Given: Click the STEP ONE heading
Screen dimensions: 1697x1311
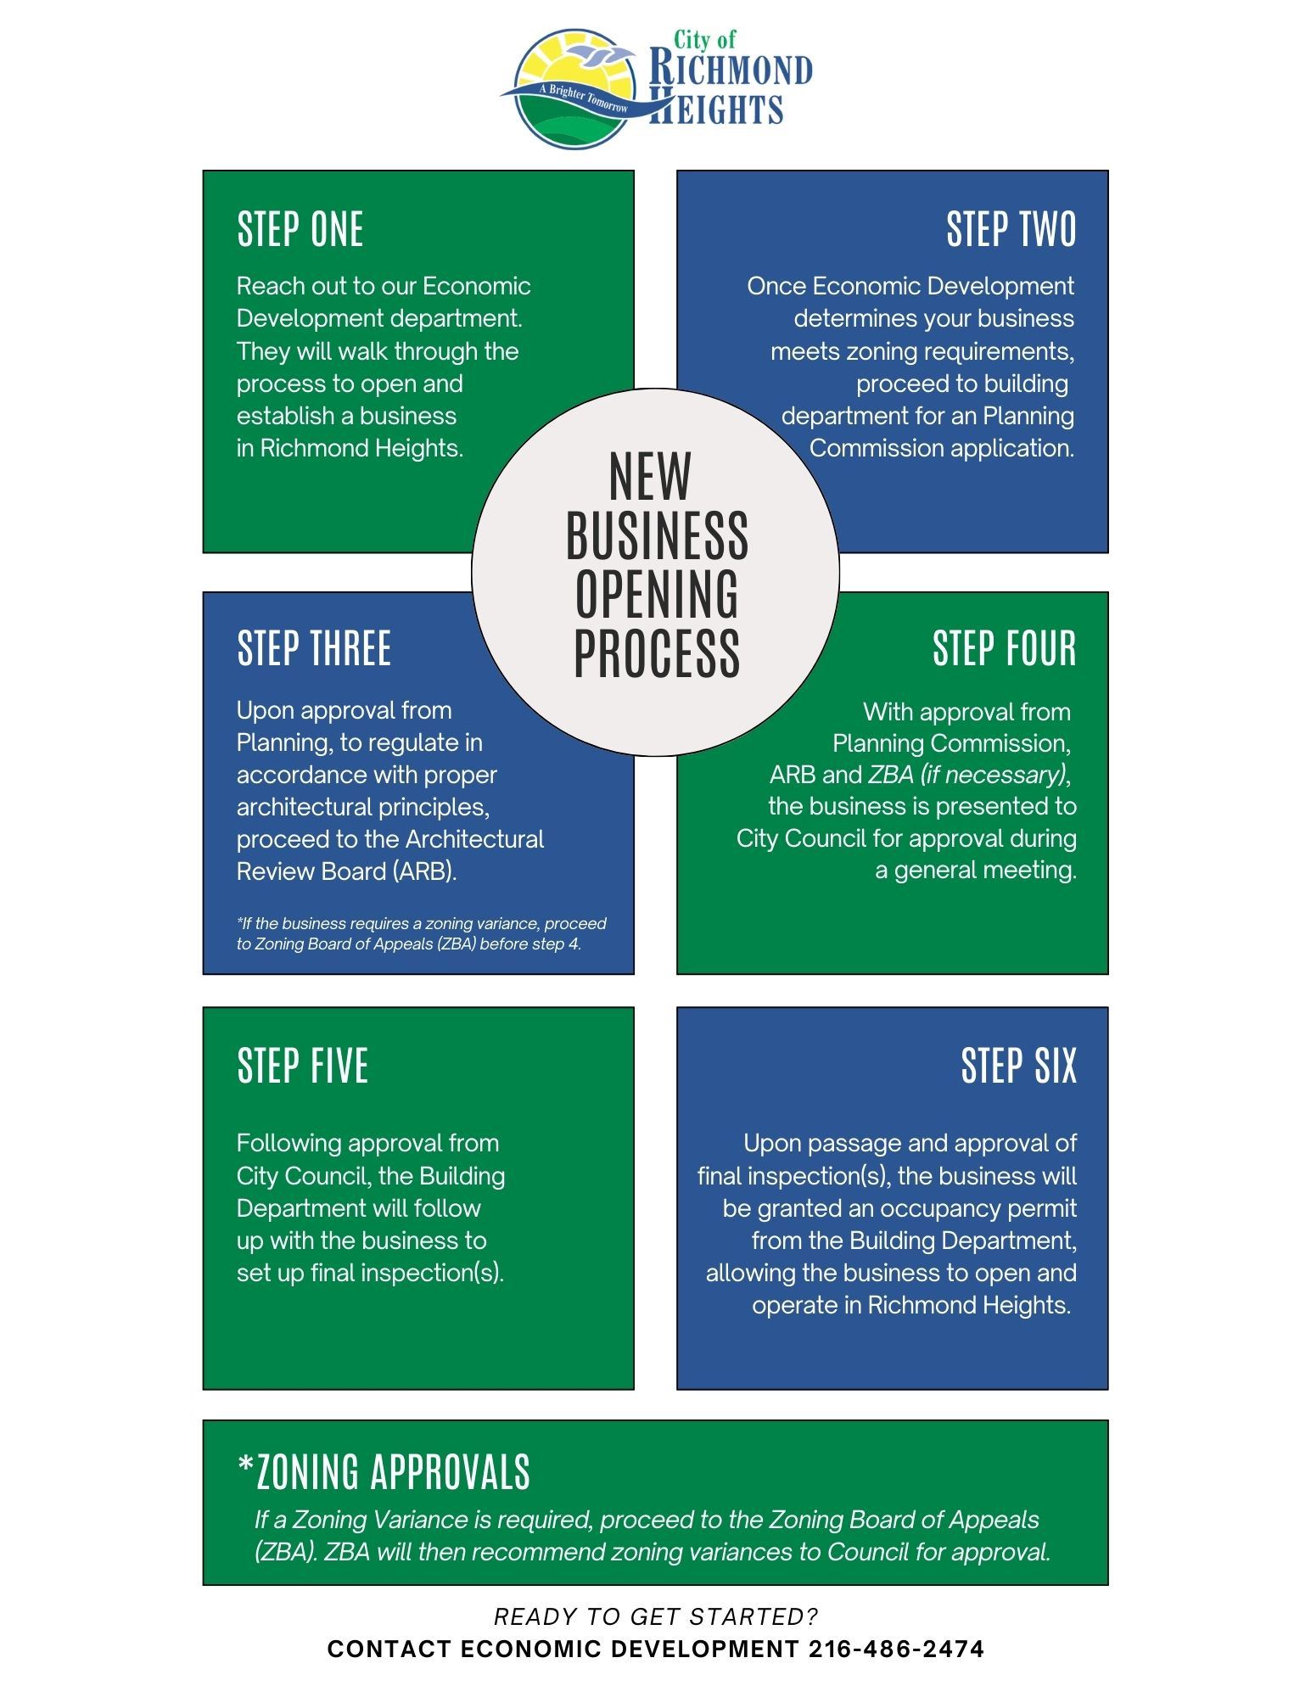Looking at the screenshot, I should [300, 230].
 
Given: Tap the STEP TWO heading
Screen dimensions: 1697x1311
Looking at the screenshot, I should [1011, 230].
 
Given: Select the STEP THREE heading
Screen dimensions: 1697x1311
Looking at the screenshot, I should [314, 649].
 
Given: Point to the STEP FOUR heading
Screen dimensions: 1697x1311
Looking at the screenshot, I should [1004, 649].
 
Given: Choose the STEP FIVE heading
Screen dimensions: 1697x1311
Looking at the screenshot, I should [302, 1067].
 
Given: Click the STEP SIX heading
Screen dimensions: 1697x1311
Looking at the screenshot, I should [1018, 1067].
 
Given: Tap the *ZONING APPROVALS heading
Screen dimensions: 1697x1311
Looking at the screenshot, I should [384, 1471].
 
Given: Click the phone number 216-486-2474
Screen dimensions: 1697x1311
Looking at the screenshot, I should [896, 1649].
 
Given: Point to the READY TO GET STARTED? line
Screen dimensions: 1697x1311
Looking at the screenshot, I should [656, 1616].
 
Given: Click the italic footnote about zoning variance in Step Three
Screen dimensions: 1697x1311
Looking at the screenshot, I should [421, 933].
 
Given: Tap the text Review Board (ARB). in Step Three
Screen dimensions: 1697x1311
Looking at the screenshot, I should [346, 871].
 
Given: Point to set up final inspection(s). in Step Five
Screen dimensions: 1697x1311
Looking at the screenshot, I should [370, 1273].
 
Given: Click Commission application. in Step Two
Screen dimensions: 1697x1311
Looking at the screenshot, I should [942, 448].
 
